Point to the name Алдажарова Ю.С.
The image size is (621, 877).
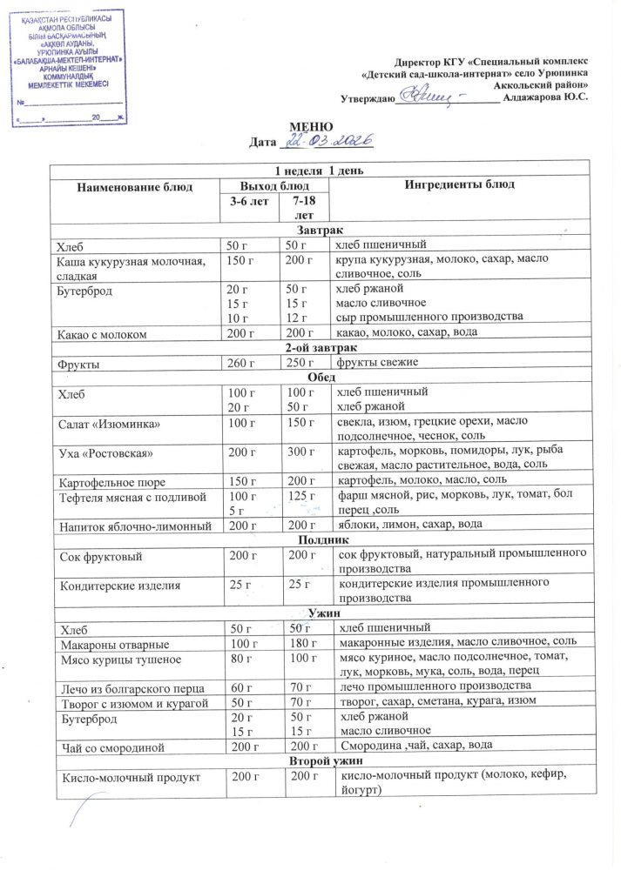click(x=546, y=97)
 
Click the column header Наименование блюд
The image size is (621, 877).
click(x=133, y=185)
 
